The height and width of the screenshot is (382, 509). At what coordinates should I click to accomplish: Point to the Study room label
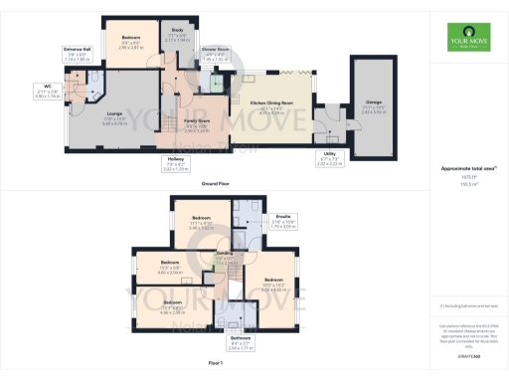[x=179, y=31]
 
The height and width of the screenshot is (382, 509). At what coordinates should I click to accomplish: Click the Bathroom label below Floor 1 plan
[x=241, y=338]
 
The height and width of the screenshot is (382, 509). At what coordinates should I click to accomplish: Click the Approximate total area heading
[x=460, y=169]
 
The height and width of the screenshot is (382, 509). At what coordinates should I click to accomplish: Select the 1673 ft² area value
[x=460, y=177]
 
